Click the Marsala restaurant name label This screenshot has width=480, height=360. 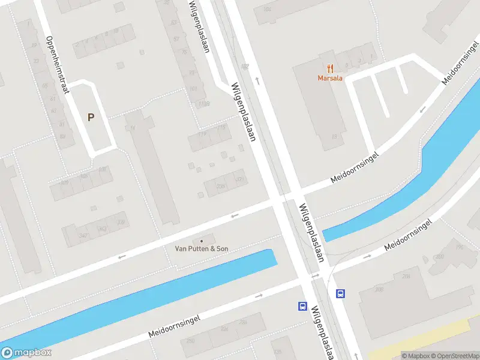tap(330, 78)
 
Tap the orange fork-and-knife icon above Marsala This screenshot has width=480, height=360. tap(330, 68)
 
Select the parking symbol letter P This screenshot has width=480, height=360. tap(91, 118)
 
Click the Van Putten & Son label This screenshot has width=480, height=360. tap(202, 248)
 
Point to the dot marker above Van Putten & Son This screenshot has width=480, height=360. tap(202, 241)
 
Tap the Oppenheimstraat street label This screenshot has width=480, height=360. tap(58, 65)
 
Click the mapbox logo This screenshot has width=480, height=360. tap(26, 353)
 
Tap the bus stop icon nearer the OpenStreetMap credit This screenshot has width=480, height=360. tap(340, 293)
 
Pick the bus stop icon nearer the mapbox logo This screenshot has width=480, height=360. tap(302, 307)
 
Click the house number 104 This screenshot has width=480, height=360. tap(266, 10)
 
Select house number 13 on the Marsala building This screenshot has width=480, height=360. tap(334, 137)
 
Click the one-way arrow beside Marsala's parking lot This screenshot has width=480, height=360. tap(422, 109)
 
